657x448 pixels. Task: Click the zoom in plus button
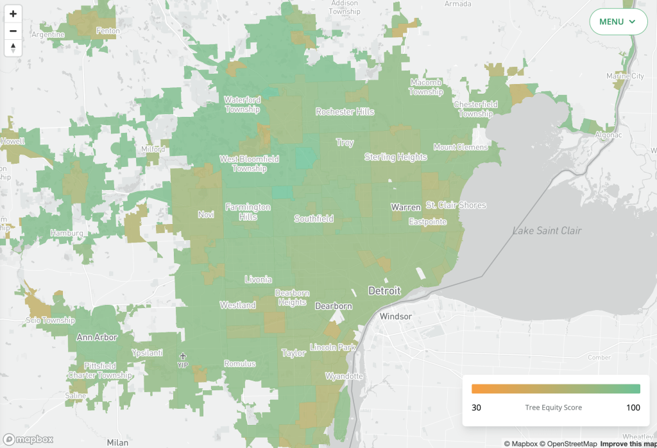[13, 13]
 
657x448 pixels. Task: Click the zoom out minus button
[13, 31]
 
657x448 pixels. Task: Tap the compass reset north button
[13, 48]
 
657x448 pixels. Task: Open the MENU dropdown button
[618, 22]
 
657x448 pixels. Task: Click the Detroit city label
[384, 291]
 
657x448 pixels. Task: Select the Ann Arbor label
[97, 337]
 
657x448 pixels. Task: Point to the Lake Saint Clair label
[547, 230]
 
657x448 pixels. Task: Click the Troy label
[345, 142]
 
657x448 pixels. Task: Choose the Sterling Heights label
[395, 157]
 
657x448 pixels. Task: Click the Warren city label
[406, 207]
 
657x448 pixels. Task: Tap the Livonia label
[258, 279]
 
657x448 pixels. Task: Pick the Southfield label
[314, 219]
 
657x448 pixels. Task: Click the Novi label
[205, 214]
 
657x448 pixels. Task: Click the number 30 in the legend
[476, 408]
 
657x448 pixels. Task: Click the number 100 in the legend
[633, 408]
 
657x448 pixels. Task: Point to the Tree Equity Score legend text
[553, 408]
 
